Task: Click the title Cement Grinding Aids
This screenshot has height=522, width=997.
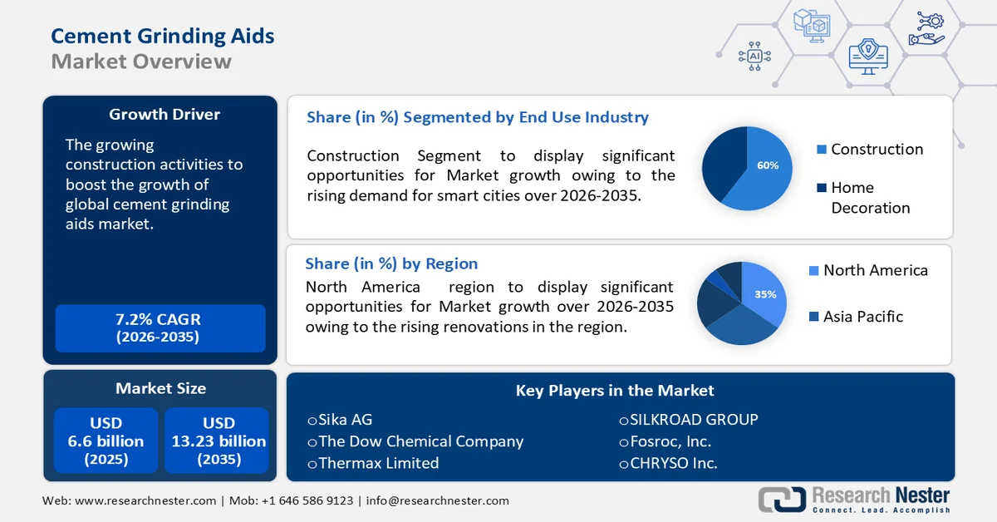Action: pos(163,36)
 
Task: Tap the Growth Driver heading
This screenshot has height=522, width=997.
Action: pos(165,114)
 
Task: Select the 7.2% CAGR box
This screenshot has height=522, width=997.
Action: pos(160,327)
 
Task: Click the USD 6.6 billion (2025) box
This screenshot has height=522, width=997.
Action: pos(106,441)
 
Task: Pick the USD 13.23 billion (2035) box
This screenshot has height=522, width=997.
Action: pos(219,441)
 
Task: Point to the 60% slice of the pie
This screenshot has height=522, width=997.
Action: pos(760,170)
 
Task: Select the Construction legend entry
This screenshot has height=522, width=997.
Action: pos(870,150)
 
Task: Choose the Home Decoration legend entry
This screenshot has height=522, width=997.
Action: pos(864,197)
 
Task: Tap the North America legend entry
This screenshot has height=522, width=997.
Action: pos(867,270)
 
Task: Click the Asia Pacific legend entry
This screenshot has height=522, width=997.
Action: pos(856,317)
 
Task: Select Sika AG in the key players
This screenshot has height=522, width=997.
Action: pos(340,420)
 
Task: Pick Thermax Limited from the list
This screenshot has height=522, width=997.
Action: pos(373,463)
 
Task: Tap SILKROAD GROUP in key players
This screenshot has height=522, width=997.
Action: pos(689,420)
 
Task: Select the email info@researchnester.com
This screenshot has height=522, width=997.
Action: pos(437,500)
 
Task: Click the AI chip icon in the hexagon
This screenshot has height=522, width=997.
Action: pos(754,56)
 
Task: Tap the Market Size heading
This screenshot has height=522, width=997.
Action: pos(160,388)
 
